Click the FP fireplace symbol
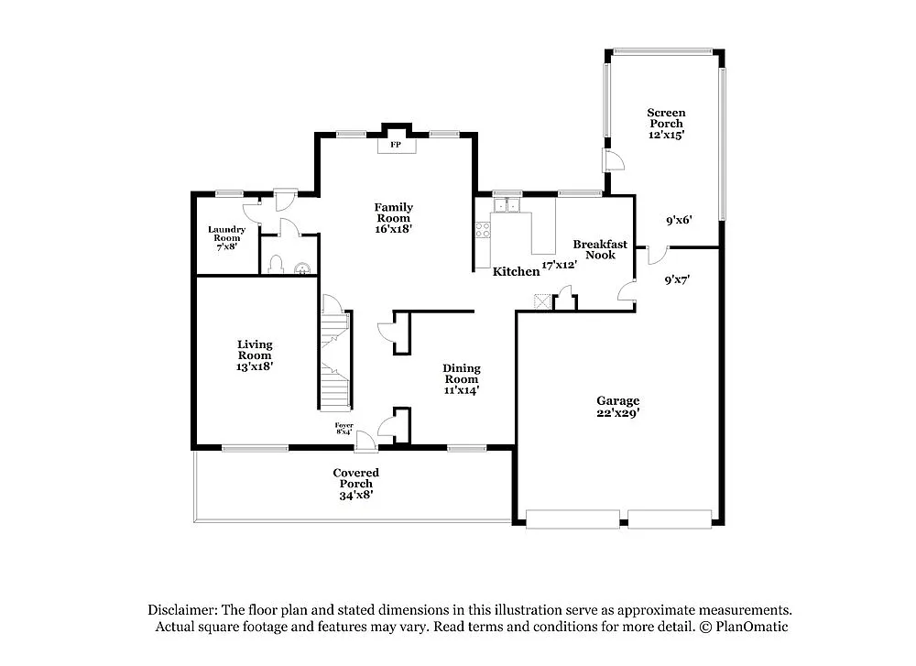(x=396, y=146)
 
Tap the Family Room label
(x=393, y=207)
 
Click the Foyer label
(x=343, y=425)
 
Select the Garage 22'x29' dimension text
(x=618, y=413)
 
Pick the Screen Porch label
(x=666, y=118)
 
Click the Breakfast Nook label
(x=600, y=249)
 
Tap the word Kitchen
(x=516, y=272)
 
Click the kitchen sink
(x=507, y=204)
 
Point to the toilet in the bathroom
(x=277, y=267)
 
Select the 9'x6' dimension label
(x=678, y=220)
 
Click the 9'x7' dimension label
(x=677, y=280)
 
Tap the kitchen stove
(x=482, y=230)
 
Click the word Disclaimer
(x=182, y=610)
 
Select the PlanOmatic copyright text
(x=743, y=627)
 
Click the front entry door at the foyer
(x=366, y=441)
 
